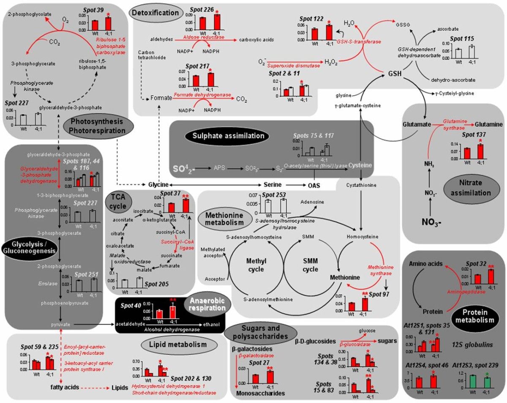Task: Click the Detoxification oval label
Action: click(x=155, y=13)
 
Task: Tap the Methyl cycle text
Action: click(x=256, y=266)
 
